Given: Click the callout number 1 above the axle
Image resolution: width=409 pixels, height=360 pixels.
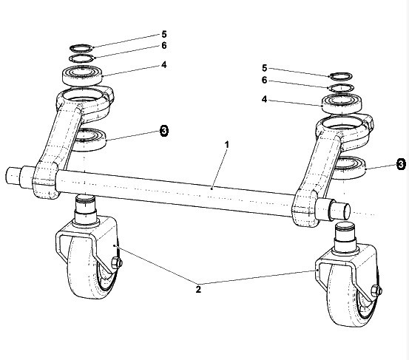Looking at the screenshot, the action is coord(227,145).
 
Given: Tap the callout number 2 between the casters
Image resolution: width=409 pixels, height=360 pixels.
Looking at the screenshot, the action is coord(198,289).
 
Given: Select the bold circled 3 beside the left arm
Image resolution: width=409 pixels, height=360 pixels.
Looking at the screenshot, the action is coord(164,130).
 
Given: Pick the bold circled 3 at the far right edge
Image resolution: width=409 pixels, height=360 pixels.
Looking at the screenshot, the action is coord(401,164).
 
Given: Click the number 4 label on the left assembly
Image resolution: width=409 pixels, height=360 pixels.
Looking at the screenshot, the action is coord(163,64).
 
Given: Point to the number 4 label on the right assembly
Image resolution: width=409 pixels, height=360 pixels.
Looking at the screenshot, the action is coord(265,99).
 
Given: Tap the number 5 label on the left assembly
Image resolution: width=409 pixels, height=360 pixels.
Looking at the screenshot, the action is coord(163,34).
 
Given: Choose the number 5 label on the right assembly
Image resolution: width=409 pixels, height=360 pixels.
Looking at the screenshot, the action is coord(265,68).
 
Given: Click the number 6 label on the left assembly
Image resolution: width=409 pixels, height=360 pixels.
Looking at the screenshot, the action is coord(163,46).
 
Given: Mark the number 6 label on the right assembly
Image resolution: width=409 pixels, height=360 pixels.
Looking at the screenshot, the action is coord(265,80).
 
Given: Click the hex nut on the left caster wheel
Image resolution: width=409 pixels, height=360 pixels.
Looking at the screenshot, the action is coord(117,262).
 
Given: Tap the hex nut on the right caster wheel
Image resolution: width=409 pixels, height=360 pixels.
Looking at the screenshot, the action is coord(376,291).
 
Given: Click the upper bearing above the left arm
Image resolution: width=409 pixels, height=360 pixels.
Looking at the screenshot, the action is coord(82,75).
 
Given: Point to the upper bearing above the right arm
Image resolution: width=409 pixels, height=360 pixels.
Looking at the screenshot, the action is coord(342,103).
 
